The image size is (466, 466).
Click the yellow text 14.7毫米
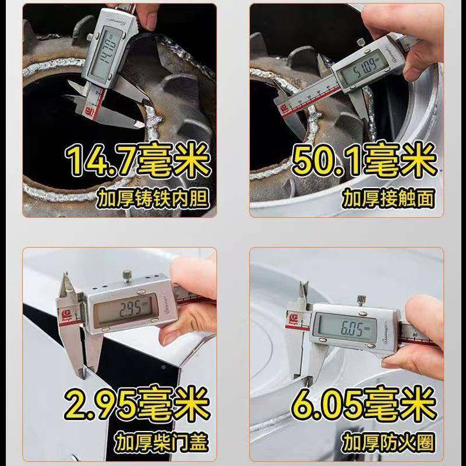point(137,161)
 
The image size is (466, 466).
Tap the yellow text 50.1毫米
point(364,161)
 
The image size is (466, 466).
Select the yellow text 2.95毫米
point(136,403)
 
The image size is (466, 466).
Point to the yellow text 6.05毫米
point(364,403)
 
